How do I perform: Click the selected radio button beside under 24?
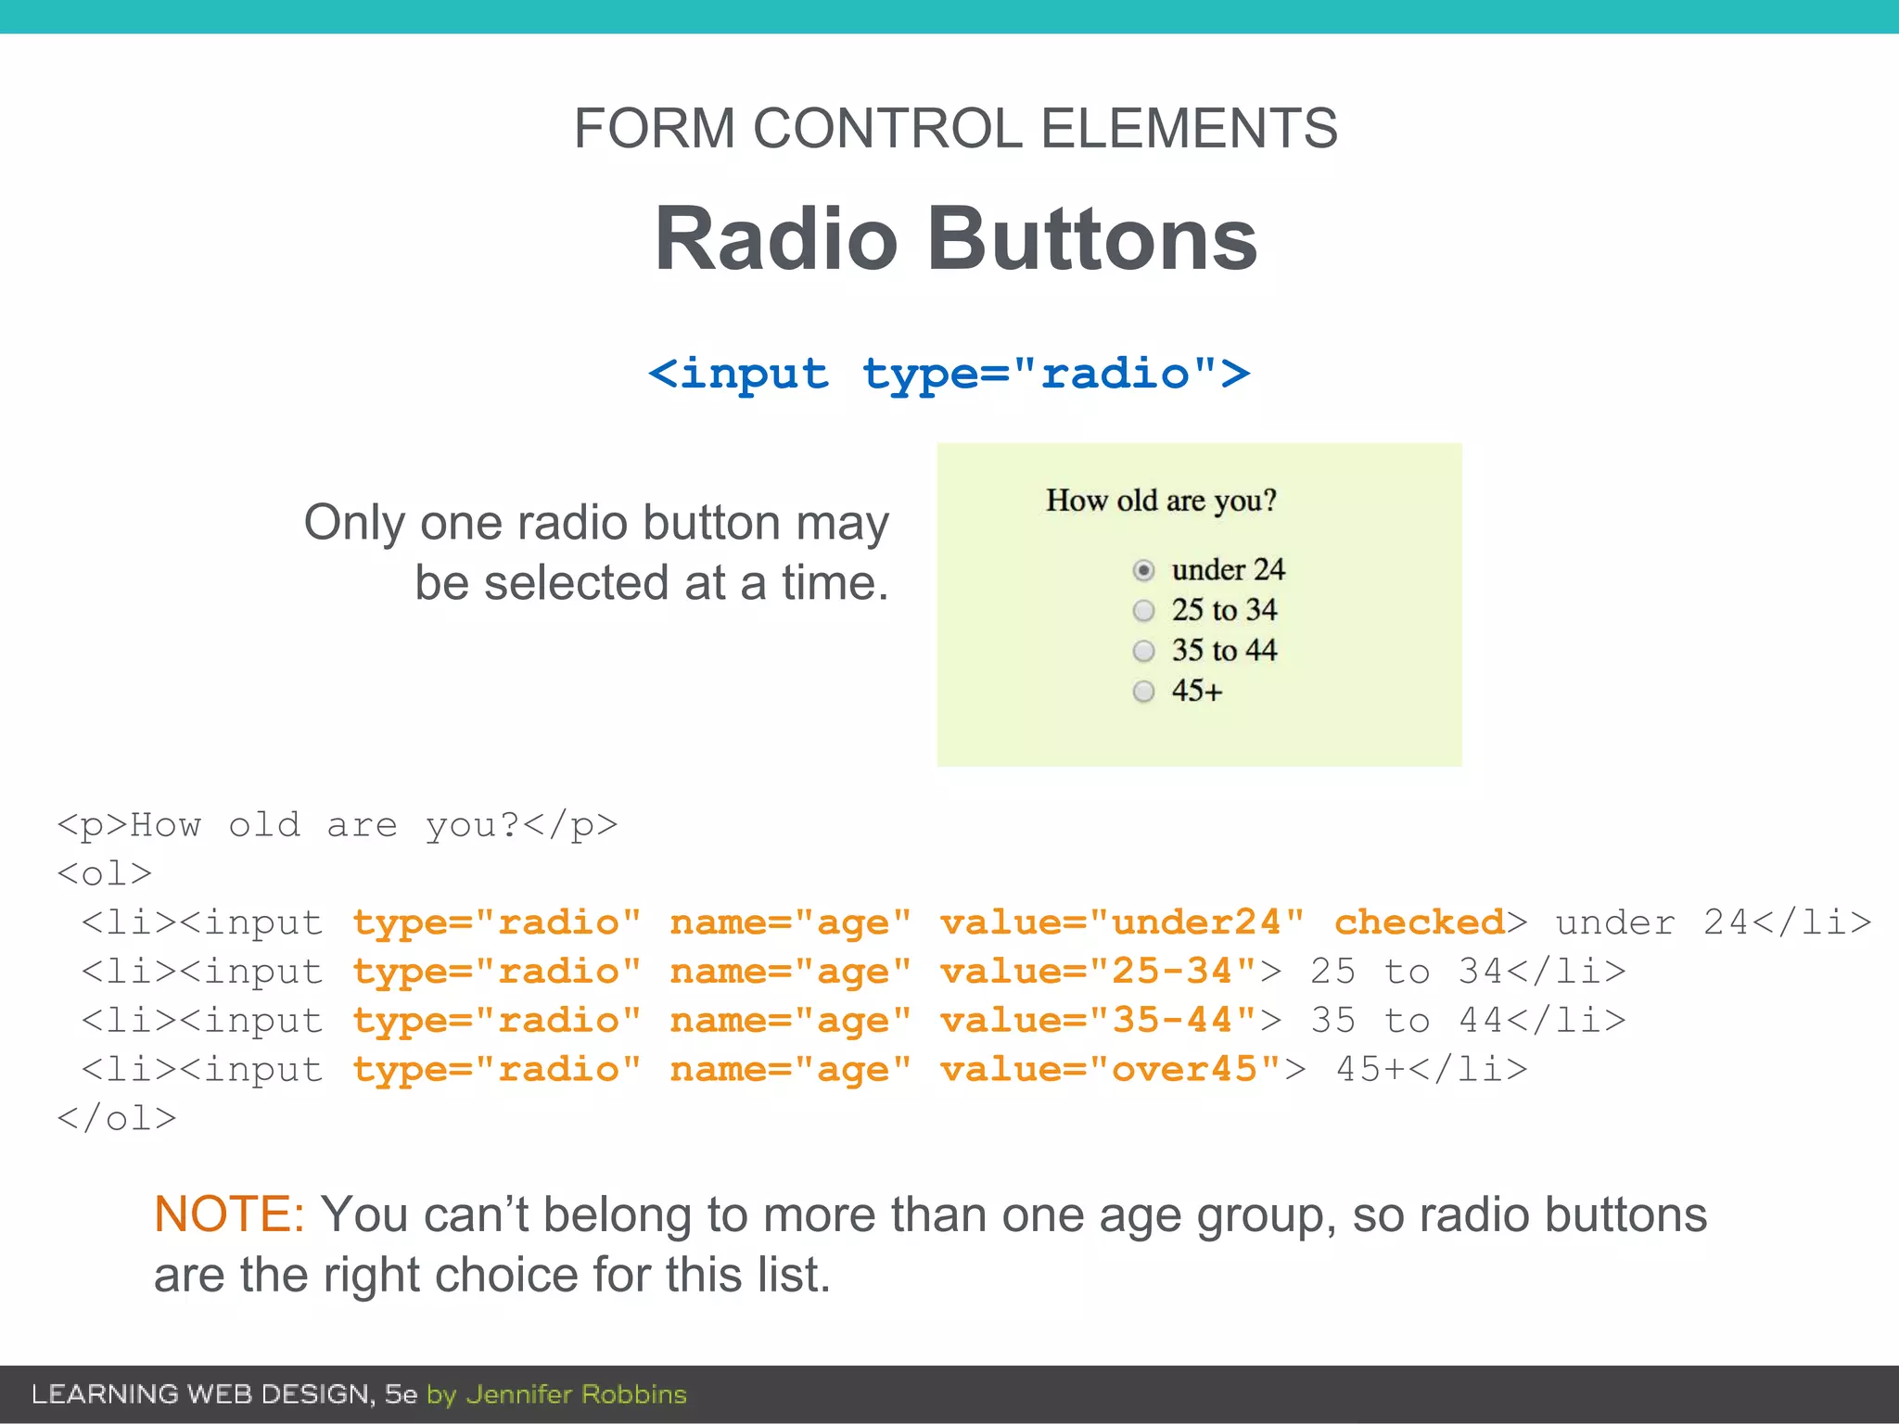1143,570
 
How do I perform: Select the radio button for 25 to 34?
1143,611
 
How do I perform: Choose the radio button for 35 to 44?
1143,651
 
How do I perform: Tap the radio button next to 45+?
1143,692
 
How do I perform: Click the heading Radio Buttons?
955,239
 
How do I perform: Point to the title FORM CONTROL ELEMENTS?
955,128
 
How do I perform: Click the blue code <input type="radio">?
949,375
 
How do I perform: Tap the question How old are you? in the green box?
1161,501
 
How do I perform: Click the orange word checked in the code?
1419,922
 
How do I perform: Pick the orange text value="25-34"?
1099,972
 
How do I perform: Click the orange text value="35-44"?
1099,1021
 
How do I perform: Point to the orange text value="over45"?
1111,1070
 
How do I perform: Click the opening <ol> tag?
104,874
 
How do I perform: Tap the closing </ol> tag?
116,1119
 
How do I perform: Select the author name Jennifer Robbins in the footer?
576,1394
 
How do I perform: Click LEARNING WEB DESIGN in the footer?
201,1394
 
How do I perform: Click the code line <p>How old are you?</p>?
337,825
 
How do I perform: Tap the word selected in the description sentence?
575,584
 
